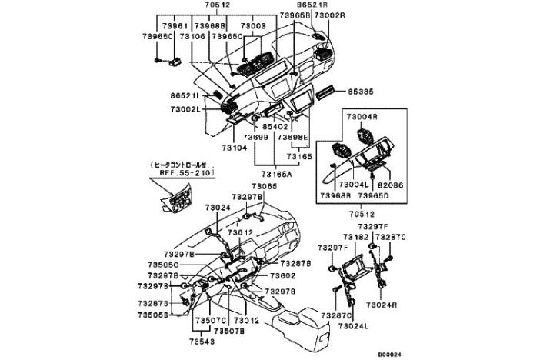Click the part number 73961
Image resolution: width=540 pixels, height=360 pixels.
coord(176,25)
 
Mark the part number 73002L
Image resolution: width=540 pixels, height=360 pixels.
coord(185,110)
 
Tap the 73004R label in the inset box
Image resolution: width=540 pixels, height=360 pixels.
coord(361,117)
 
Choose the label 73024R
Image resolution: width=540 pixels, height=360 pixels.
coord(381,305)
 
